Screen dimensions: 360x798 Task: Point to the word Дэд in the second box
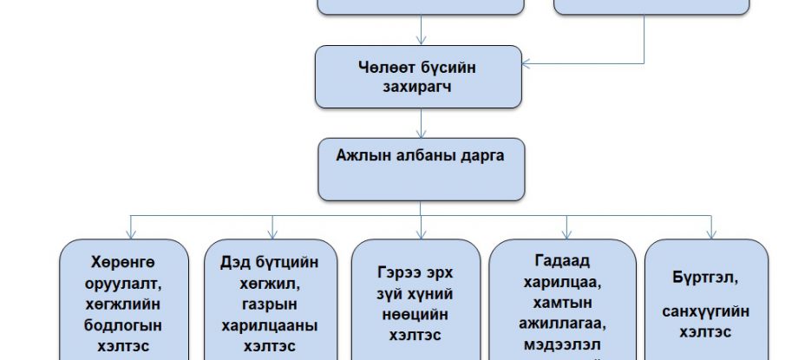225,262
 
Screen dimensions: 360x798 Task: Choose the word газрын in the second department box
269,304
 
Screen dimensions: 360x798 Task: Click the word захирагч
420,88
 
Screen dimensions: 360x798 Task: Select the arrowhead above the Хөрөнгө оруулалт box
129,233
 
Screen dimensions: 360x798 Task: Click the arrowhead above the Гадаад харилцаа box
566,233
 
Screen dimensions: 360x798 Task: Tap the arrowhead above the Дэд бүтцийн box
272,233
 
